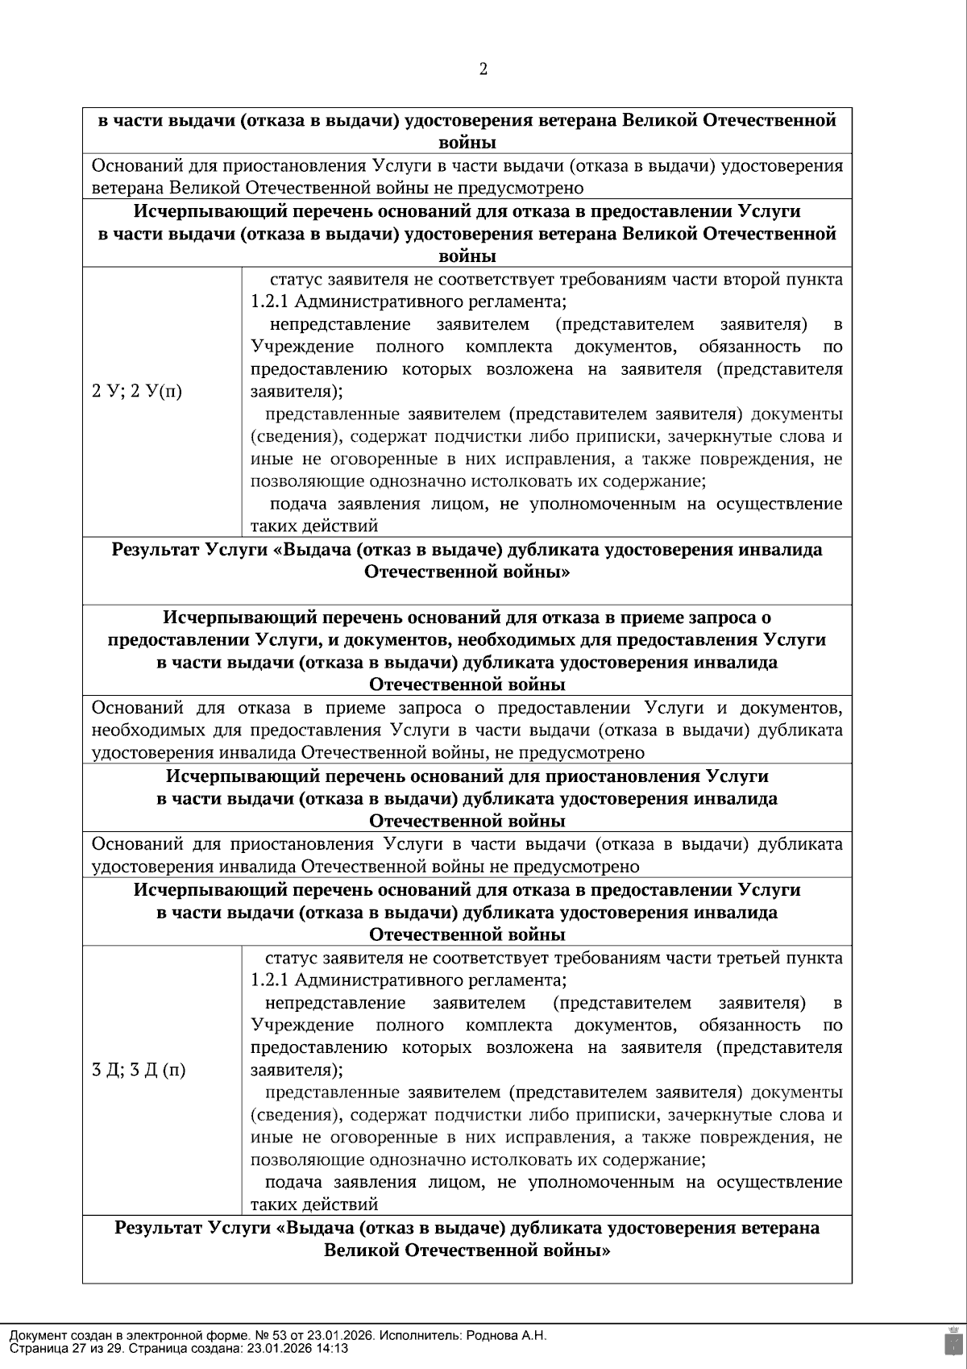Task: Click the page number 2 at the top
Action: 483,69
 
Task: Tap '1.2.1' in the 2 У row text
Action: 270,302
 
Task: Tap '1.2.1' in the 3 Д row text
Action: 270,981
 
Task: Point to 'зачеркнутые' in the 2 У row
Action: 712,437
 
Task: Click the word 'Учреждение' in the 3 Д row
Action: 302,1026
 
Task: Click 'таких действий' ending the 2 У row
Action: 314,527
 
